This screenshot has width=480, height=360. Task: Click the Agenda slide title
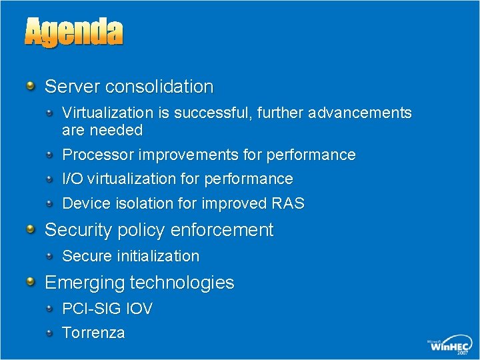point(74,32)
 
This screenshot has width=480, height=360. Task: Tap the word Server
point(73,87)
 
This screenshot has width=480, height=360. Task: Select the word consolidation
point(159,87)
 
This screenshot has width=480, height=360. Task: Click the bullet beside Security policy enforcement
point(31,229)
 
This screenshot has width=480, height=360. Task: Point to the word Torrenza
point(93,333)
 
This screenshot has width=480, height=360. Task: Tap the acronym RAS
point(287,204)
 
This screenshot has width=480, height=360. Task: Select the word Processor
point(97,155)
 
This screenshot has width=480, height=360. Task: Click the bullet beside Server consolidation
point(31,86)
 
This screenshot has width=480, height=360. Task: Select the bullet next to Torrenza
point(51,332)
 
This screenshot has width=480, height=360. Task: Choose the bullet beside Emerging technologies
point(31,282)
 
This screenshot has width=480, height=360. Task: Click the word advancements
point(361,113)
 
